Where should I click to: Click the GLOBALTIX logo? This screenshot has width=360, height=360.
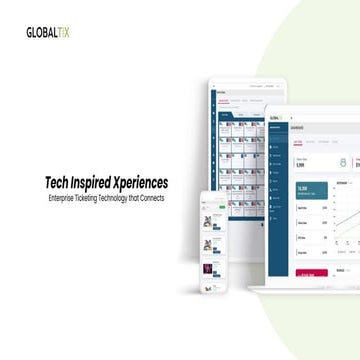[x=47, y=32]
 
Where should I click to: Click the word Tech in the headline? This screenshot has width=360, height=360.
[x=58, y=183]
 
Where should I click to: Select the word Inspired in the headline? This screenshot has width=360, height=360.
[x=97, y=183]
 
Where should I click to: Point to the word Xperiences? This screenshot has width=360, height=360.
[x=144, y=183]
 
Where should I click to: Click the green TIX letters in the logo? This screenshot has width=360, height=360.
[x=64, y=32]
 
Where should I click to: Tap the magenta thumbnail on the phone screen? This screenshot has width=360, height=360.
[x=211, y=269]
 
